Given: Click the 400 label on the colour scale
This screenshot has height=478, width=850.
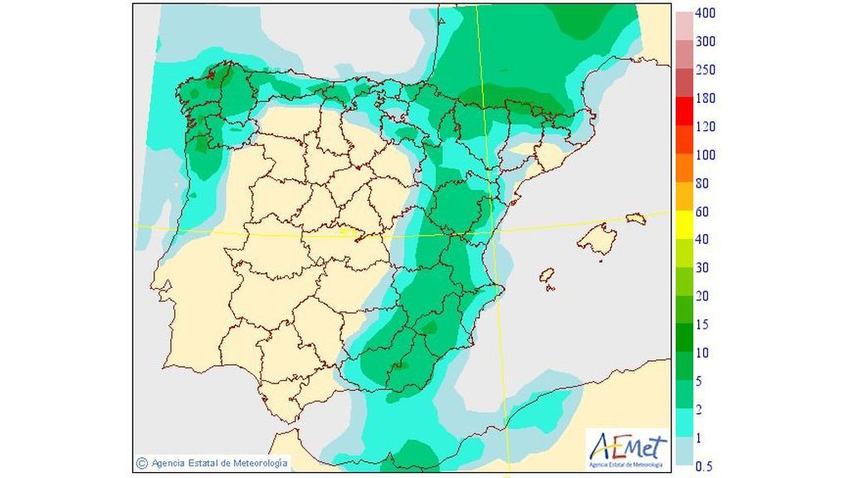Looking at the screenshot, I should pyautogui.click(x=706, y=13).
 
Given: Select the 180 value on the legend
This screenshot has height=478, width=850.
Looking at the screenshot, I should pyautogui.click(x=706, y=98).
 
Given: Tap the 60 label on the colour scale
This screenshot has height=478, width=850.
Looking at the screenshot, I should pyautogui.click(x=702, y=211).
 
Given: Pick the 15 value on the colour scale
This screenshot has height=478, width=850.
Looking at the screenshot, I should pyautogui.click(x=702, y=324).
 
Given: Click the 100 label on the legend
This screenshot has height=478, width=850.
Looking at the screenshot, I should pyautogui.click(x=706, y=154).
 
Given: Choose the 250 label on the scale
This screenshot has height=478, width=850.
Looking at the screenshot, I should pyautogui.click(x=706, y=70).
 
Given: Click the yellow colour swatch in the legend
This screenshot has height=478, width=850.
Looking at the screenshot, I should pyautogui.click(x=683, y=225).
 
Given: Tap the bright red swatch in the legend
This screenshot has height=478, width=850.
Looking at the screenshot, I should pyautogui.click(x=683, y=112).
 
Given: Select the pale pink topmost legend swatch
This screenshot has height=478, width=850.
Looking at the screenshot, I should pyautogui.click(x=683, y=21).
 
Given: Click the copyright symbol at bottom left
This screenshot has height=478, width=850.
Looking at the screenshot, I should pyautogui.click(x=142, y=462).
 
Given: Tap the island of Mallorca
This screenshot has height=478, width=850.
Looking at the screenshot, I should pyautogui.click(x=597, y=240).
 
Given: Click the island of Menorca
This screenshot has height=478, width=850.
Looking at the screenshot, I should pyautogui.click(x=636, y=218).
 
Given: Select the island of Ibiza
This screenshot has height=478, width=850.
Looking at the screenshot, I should pyautogui.click(x=547, y=276).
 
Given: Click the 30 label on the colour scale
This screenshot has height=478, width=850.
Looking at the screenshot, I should pyautogui.click(x=702, y=267).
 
